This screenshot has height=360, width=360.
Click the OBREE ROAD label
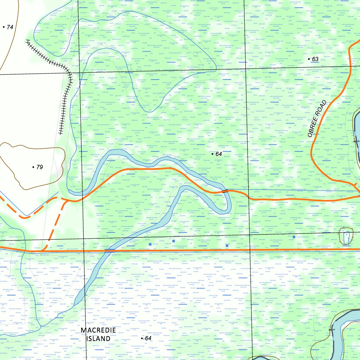pos(317,119)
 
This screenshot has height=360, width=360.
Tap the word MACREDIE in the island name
pos(98,330)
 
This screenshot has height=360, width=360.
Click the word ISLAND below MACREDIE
pos(98,339)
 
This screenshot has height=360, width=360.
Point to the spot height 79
pos(38,167)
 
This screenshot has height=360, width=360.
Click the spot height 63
pos(313,59)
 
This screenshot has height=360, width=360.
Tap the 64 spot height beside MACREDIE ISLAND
pos(146,338)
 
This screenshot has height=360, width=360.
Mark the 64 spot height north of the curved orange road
pos(217,154)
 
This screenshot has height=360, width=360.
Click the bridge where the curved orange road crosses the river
pos(225,191)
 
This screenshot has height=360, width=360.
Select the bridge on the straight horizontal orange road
pos(109,250)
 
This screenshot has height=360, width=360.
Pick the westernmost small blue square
pos(150,244)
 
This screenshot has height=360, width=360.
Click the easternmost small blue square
pos(294,237)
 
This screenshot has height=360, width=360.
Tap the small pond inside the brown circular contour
pos(347,236)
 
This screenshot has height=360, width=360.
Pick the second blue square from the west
pos(173,241)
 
